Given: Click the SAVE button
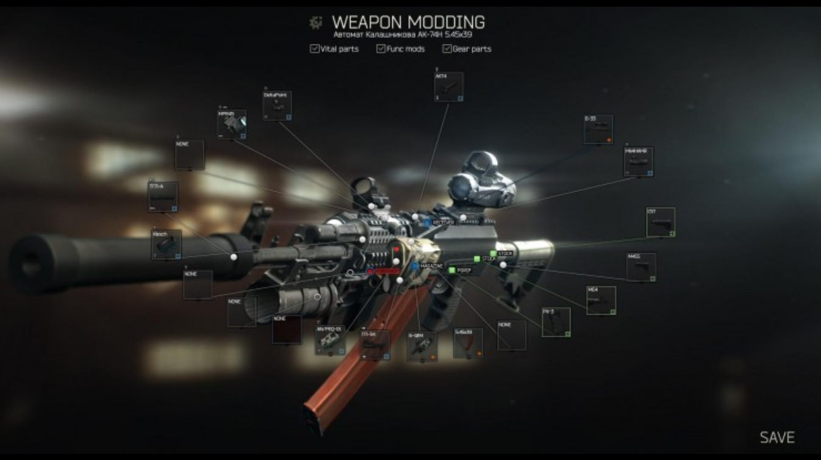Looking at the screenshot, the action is [x=776, y=437].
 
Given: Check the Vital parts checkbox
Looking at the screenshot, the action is [x=315, y=49].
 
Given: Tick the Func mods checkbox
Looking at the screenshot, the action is [x=381, y=49].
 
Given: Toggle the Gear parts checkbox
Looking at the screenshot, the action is [x=447, y=49].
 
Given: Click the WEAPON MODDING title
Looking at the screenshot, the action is [x=408, y=23].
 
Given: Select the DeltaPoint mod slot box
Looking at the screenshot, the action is [x=277, y=106].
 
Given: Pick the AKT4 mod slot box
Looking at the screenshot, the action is [x=448, y=87].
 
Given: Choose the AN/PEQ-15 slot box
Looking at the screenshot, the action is [x=330, y=340].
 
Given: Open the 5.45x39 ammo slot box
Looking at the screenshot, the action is [x=468, y=343].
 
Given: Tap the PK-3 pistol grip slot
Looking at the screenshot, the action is [x=556, y=322].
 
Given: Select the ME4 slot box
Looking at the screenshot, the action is [x=601, y=300].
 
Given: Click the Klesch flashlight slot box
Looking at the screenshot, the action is [x=166, y=244].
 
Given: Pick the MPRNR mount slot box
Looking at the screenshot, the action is [x=232, y=124].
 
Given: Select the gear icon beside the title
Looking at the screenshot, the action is [x=315, y=23].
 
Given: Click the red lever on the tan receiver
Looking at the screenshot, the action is [x=396, y=251].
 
